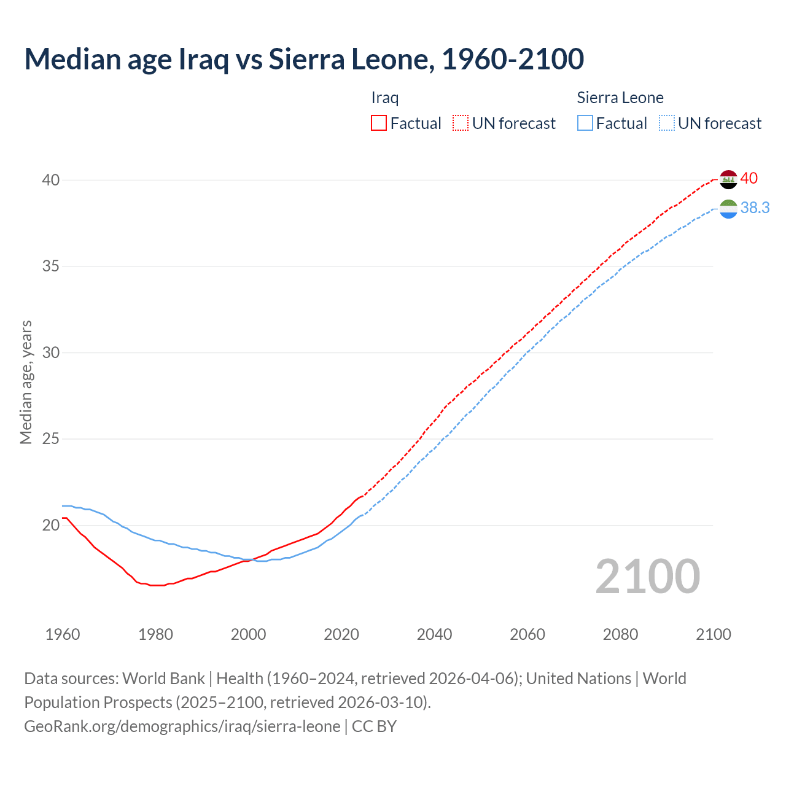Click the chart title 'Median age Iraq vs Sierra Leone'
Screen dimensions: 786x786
[304, 60]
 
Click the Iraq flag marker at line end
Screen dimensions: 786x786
[728, 179]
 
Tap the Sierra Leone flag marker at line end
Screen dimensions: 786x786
[728, 209]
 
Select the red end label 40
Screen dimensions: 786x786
[749, 179]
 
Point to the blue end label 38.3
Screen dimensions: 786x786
[755, 208]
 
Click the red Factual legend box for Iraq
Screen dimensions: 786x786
[379, 123]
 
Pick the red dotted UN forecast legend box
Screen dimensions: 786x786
[461, 123]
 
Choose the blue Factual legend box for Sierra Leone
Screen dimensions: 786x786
[585, 123]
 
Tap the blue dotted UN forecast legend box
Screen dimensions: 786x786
[667, 123]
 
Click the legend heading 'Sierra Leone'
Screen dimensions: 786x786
[620, 98]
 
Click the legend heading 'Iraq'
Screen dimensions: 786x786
[385, 98]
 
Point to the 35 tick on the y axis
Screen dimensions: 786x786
[50, 267]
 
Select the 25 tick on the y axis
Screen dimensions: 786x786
[50, 439]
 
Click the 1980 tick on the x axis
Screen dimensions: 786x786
[155, 634]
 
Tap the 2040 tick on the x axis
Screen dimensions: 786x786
[434, 634]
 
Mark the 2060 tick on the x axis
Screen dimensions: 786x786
[527, 634]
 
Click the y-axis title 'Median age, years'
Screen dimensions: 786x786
[26, 382]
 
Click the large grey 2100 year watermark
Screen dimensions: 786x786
[648, 577]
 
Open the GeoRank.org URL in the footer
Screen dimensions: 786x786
[182, 726]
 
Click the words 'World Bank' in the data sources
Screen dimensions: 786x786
[163, 679]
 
